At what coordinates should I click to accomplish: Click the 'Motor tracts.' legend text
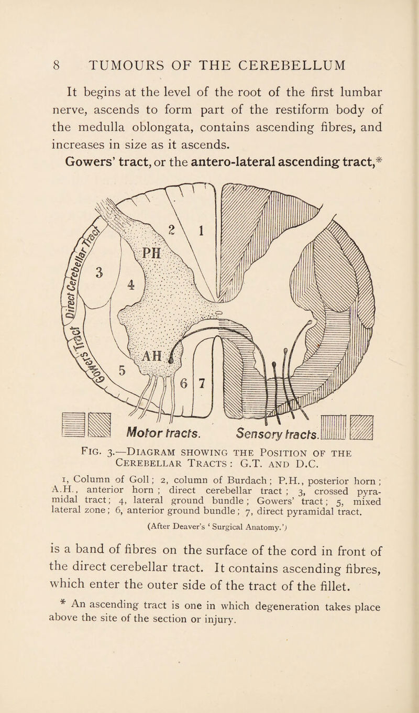155,424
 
